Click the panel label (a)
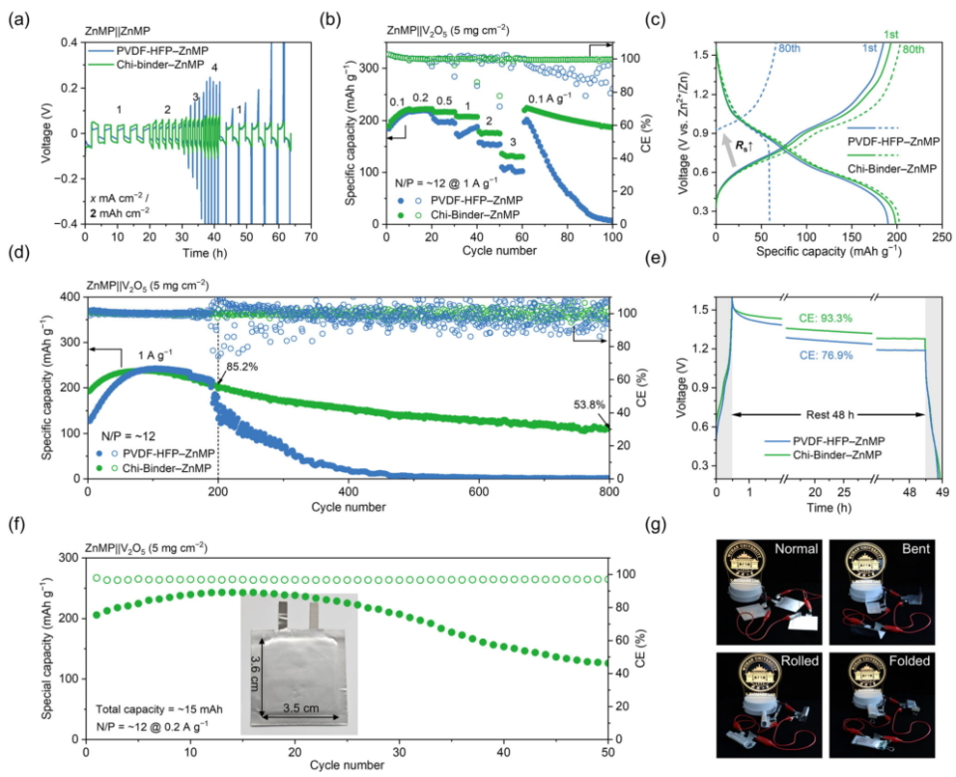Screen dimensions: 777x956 pos(16,13)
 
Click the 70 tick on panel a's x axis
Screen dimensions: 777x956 pos(311,239)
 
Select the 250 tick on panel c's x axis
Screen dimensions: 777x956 pos(941,239)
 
